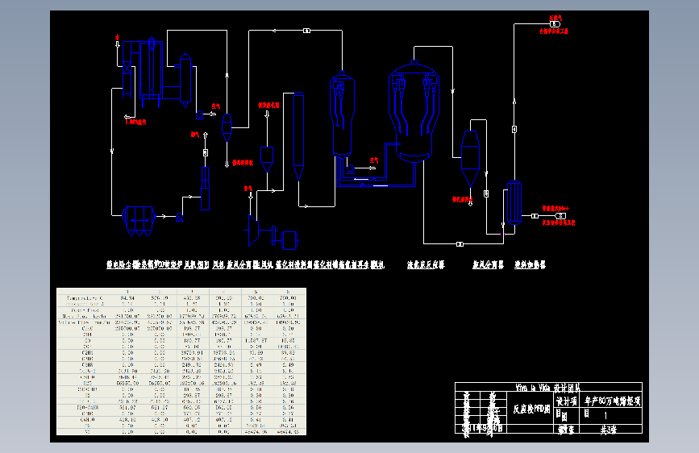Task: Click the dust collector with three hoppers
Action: pyautogui.click(x=138, y=218)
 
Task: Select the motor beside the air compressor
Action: pyautogui.click(x=288, y=238)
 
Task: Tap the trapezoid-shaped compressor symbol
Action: pyautogui.click(x=252, y=229)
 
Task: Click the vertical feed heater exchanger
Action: pyautogui.click(x=514, y=202)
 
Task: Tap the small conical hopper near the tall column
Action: pyautogui.click(x=267, y=158)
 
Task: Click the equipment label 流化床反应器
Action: pyautogui.click(x=426, y=264)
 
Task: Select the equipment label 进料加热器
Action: pyautogui.click(x=530, y=264)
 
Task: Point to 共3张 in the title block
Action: pyautogui.click(x=606, y=430)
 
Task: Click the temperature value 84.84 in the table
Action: pyautogui.click(x=127, y=297)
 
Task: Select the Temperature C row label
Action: pyautogui.click(x=85, y=297)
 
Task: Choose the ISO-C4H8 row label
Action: pyautogui.click(x=85, y=407)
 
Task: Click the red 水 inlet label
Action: pyautogui.click(x=118, y=37)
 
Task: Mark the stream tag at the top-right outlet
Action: pyautogui.click(x=555, y=24)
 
